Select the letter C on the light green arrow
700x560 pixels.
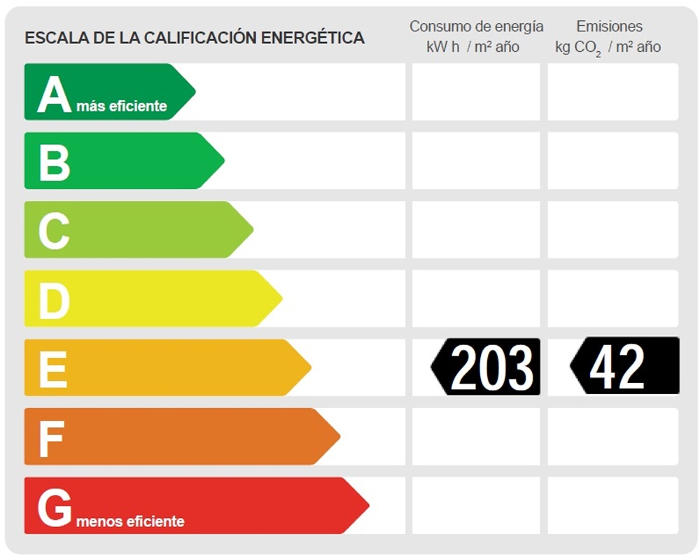pyautogui.click(x=54, y=230)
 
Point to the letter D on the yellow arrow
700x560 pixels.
pyautogui.click(x=54, y=299)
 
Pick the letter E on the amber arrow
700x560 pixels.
pyautogui.click(x=53, y=368)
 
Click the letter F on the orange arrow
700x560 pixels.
pyautogui.click(x=51, y=437)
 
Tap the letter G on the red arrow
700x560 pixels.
pyautogui.click(x=55, y=507)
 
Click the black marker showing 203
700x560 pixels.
pyautogui.click(x=486, y=367)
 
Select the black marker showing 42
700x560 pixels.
pyautogui.click(x=624, y=365)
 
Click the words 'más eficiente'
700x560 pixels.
pyautogui.click(x=122, y=106)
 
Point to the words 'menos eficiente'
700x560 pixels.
pyautogui.click(x=130, y=521)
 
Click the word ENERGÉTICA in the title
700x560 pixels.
pyautogui.click(x=312, y=38)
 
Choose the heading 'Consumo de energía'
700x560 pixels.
pyautogui.click(x=476, y=27)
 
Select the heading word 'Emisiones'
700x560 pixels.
pyautogui.click(x=609, y=27)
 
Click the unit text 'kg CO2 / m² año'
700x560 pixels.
pyautogui.click(x=608, y=48)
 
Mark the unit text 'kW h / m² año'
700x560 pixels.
pyautogui.click(x=473, y=48)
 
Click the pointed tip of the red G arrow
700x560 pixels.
pyautogui.click(x=367, y=505)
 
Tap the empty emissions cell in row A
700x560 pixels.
pyautogui.click(x=612, y=92)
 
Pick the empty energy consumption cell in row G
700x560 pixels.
pyautogui.click(x=476, y=505)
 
